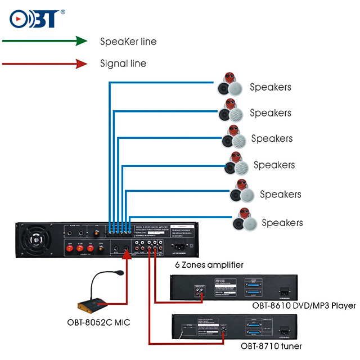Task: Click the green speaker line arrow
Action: (x=44, y=41)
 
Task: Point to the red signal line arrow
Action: (x=44, y=64)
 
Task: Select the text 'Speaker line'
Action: (x=128, y=42)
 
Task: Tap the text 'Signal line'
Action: (x=123, y=64)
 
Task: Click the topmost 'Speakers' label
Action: (x=271, y=87)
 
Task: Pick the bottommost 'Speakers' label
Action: (x=282, y=223)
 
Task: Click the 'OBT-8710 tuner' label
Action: (x=271, y=346)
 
